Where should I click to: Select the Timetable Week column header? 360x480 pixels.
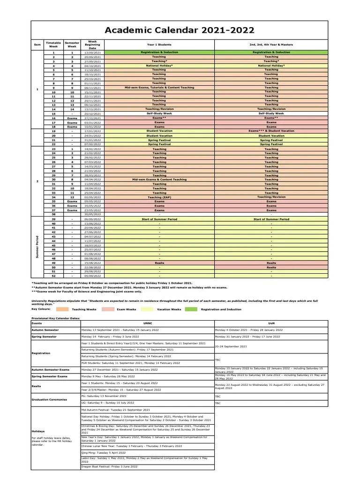click(x=53, y=45)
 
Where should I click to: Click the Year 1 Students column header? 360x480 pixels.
click(x=159, y=45)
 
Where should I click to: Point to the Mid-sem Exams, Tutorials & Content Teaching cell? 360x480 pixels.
click(x=159, y=87)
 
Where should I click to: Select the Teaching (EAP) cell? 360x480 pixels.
click(x=159, y=197)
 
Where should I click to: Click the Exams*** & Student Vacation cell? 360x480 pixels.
click(x=271, y=131)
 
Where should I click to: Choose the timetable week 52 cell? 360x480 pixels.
click(x=53, y=276)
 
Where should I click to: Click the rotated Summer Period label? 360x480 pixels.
click(x=37, y=247)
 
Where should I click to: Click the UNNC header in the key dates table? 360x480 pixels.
click(x=147, y=323)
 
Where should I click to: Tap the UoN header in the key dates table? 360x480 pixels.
click(x=270, y=323)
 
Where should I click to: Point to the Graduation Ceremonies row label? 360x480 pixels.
click(x=49, y=399)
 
